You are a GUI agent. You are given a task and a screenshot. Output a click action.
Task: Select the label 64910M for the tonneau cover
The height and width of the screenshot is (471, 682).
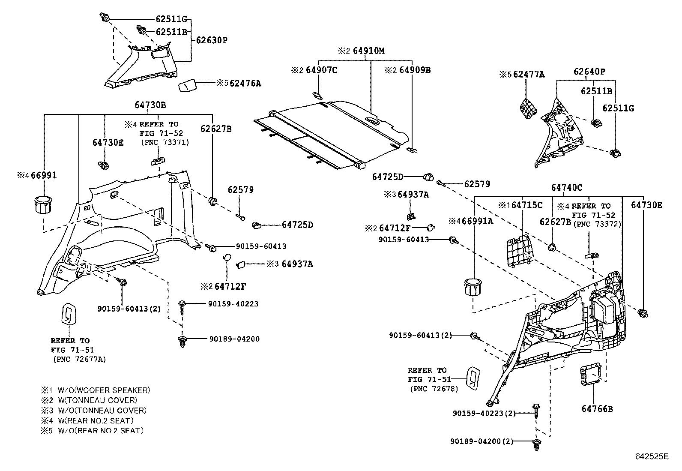[368, 51]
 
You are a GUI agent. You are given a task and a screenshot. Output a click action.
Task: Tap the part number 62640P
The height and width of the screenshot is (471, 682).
[589, 72]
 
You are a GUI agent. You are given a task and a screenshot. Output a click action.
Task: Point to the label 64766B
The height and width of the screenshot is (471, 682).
[597, 408]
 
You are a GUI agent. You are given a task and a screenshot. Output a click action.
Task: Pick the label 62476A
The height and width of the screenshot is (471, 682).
[245, 83]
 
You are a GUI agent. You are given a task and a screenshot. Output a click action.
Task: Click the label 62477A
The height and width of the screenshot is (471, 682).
[529, 74]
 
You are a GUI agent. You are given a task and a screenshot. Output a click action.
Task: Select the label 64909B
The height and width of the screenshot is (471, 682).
[415, 70]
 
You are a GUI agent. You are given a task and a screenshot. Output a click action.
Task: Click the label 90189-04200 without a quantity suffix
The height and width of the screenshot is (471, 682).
[234, 339]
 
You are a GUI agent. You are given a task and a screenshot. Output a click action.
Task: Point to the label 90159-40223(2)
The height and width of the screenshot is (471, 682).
[484, 413]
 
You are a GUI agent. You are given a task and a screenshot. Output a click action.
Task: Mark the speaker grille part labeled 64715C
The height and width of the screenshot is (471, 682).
[520, 250]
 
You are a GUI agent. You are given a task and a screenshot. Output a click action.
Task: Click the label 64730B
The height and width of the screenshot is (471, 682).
[150, 105]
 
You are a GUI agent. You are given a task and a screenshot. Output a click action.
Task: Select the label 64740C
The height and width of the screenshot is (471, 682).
[566, 187]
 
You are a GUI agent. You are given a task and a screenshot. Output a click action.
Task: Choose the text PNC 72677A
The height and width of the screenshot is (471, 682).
[79, 359]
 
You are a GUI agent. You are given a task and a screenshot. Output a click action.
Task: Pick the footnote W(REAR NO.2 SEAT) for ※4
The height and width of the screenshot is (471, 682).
[96, 420]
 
